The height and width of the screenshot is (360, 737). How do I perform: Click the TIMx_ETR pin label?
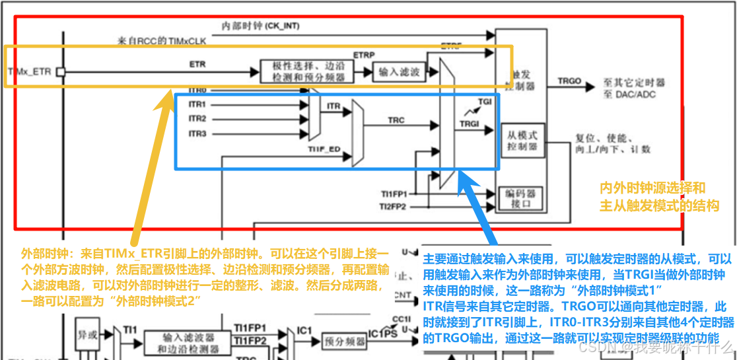click(x=29, y=71)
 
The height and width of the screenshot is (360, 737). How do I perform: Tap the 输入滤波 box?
click(x=399, y=72)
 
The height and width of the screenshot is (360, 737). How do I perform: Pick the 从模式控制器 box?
click(x=523, y=140)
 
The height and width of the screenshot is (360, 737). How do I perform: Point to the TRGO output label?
click(x=569, y=81)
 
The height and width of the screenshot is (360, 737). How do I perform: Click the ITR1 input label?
click(x=197, y=104)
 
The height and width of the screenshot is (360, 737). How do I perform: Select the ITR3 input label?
click(x=197, y=134)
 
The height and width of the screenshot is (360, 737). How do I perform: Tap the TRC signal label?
click(x=396, y=120)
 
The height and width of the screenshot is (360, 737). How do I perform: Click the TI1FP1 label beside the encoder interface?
click(x=394, y=194)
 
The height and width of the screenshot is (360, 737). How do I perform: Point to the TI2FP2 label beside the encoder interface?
click(x=394, y=206)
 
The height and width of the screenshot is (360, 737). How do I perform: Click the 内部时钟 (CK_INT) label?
click(x=260, y=26)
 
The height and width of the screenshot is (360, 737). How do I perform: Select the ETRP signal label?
click(x=364, y=54)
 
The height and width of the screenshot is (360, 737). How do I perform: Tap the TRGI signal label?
click(x=470, y=124)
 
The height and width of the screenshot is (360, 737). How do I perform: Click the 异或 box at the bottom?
click(x=88, y=335)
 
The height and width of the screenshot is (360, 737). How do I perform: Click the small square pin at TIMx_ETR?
click(x=60, y=71)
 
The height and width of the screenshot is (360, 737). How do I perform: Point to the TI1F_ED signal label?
click(x=324, y=150)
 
